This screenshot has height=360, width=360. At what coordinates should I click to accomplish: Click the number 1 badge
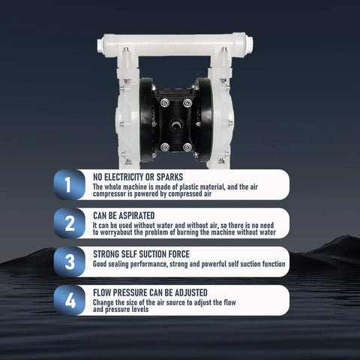pos(70,184)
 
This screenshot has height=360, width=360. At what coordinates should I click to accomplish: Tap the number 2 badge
pos(70,223)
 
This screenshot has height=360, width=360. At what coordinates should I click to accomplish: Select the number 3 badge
pos(70,262)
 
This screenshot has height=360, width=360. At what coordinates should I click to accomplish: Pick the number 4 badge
pos(70,301)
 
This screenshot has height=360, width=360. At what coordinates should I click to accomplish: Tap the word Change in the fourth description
pos(104,302)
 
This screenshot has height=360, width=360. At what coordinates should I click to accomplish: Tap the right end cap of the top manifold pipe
pos(248,43)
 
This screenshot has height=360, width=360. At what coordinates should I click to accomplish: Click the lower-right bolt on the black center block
pos(187,148)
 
